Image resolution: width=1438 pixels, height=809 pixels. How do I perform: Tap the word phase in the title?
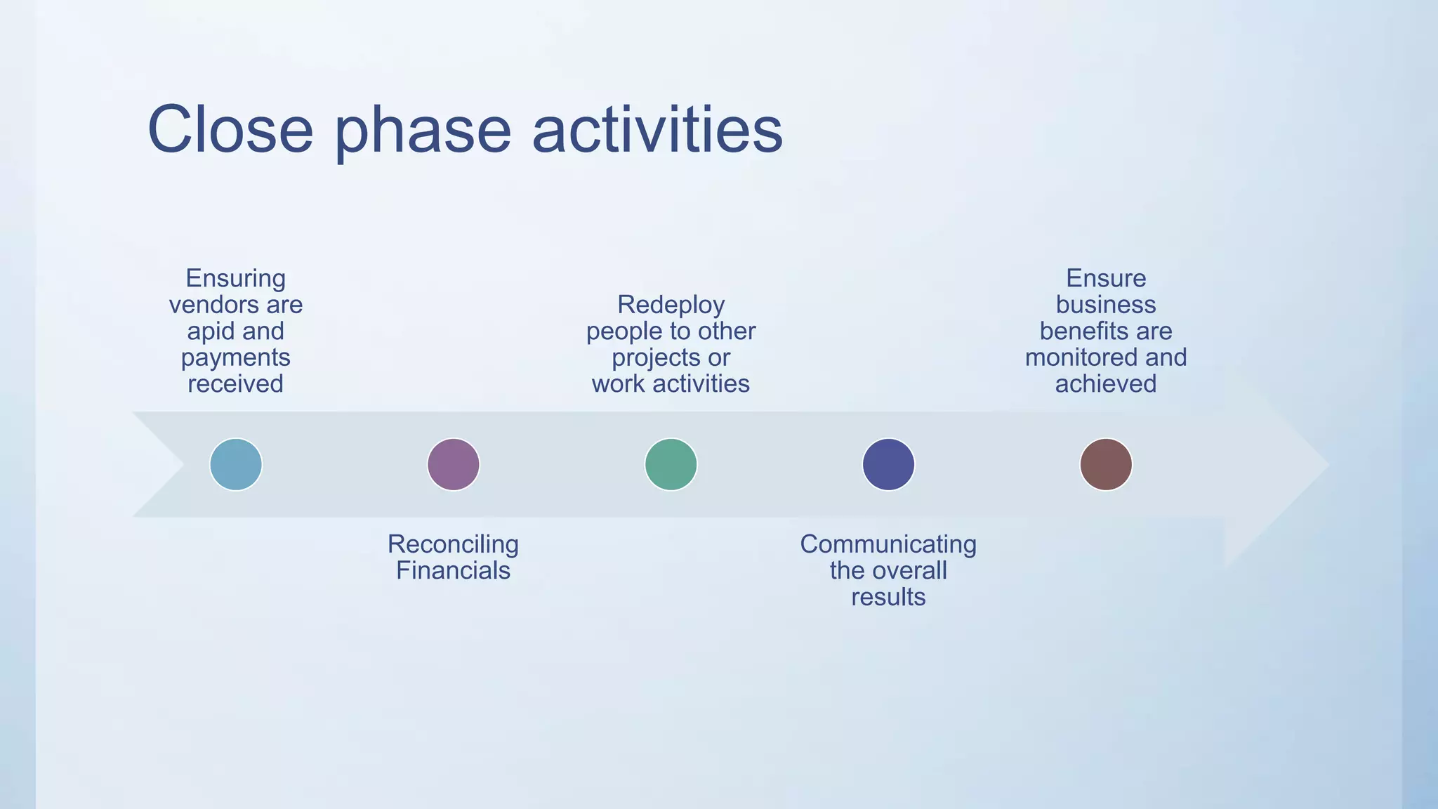point(423,132)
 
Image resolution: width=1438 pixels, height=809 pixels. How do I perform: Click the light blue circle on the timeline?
point(236,464)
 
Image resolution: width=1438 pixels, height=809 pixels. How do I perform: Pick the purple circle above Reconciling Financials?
point(454,464)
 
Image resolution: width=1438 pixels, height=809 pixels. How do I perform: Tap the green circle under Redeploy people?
point(671,464)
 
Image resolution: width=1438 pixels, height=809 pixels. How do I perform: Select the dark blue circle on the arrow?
point(888,464)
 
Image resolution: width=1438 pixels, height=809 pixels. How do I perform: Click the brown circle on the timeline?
point(1106,464)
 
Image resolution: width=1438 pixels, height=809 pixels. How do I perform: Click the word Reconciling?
point(453,544)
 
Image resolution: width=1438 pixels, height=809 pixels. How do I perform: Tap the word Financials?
point(453,570)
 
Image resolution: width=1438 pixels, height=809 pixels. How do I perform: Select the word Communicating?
point(888,544)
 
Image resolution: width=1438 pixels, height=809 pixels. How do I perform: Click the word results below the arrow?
point(888,597)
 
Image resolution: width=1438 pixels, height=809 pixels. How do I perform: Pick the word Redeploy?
point(671,305)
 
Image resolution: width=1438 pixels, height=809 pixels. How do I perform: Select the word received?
point(235,384)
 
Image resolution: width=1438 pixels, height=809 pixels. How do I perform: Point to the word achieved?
point(1106,384)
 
